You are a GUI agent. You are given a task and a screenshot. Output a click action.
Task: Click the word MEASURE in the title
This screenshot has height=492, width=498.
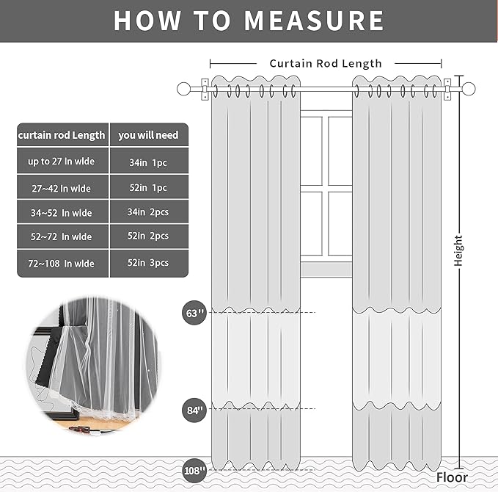point(314,20)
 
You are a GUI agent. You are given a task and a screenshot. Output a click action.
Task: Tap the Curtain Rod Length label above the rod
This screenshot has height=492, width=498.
point(325,64)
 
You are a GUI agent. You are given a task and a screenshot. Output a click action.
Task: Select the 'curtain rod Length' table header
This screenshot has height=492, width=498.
point(62,135)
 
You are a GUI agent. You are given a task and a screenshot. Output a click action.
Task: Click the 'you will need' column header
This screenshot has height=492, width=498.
point(147,135)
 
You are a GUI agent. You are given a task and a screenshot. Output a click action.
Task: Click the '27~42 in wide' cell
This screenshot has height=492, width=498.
point(62,188)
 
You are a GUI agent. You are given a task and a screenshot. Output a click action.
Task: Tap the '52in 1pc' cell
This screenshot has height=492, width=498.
point(149,188)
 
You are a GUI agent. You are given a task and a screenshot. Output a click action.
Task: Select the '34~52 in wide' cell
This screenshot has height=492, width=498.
point(62,213)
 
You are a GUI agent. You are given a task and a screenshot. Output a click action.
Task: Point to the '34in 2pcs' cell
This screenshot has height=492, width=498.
point(149,213)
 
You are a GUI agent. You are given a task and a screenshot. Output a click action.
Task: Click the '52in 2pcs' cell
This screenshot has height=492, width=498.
point(149,236)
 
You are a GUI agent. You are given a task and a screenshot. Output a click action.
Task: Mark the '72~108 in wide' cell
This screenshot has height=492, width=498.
point(62,263)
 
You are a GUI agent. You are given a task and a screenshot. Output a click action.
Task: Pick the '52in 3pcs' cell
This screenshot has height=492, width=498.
point(149,263)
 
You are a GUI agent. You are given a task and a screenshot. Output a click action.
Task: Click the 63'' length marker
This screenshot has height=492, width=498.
point(194,313)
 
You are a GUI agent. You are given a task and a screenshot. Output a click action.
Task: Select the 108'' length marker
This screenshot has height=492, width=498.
point(194,469)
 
